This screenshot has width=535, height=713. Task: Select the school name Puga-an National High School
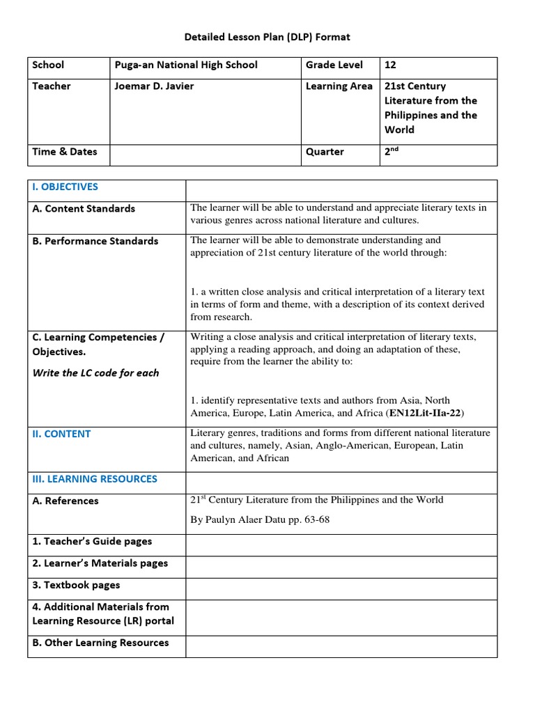(x=185, y=65)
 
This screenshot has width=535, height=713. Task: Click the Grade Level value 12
(x=390, y=65)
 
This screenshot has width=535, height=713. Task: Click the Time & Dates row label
(x=65, y=151)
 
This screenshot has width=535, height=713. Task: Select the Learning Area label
(x=339, y=86)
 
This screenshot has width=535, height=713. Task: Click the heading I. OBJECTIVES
(x=65, y=187)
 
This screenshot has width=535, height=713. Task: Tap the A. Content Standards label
(x=84, y=208)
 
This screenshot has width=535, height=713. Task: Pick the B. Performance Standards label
(x=95, y=241)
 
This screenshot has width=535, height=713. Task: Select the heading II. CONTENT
(x=61, y=434)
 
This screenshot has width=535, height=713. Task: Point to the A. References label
(x=65, y=501)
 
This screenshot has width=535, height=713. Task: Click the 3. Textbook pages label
(x=76, y=585)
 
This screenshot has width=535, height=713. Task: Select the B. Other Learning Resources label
(x=100, y=643)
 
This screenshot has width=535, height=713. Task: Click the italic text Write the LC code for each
(x=95, y=373)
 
